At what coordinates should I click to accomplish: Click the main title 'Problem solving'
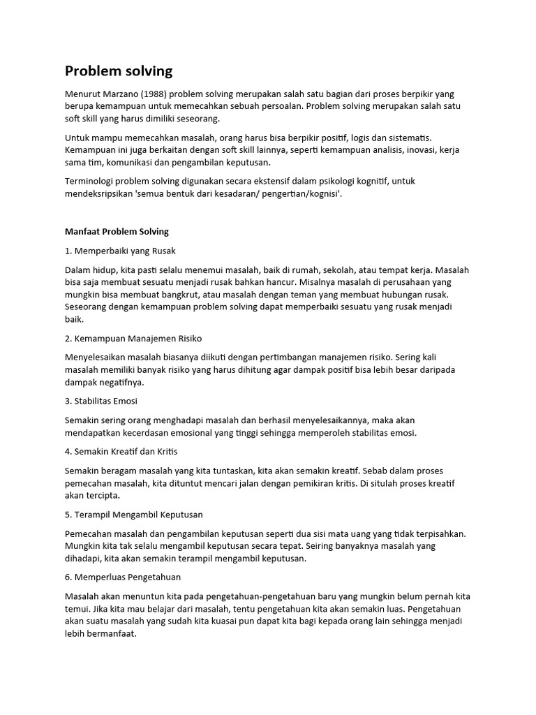[x=119, y=71]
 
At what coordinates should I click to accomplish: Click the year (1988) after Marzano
[x=151, y=94]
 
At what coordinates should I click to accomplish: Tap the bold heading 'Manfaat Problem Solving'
[x=117, y=231]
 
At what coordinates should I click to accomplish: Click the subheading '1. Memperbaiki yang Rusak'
[x=125, y=250]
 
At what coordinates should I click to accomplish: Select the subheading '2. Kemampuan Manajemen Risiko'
[x=133, y=339]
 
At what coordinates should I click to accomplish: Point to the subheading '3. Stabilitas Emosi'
[x=101, y=401]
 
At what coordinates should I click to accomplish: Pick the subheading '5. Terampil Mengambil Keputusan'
[x=134, y=515]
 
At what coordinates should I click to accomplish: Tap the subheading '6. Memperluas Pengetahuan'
[x=123, y=577]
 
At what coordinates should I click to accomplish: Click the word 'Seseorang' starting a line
[x=87, y=307]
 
